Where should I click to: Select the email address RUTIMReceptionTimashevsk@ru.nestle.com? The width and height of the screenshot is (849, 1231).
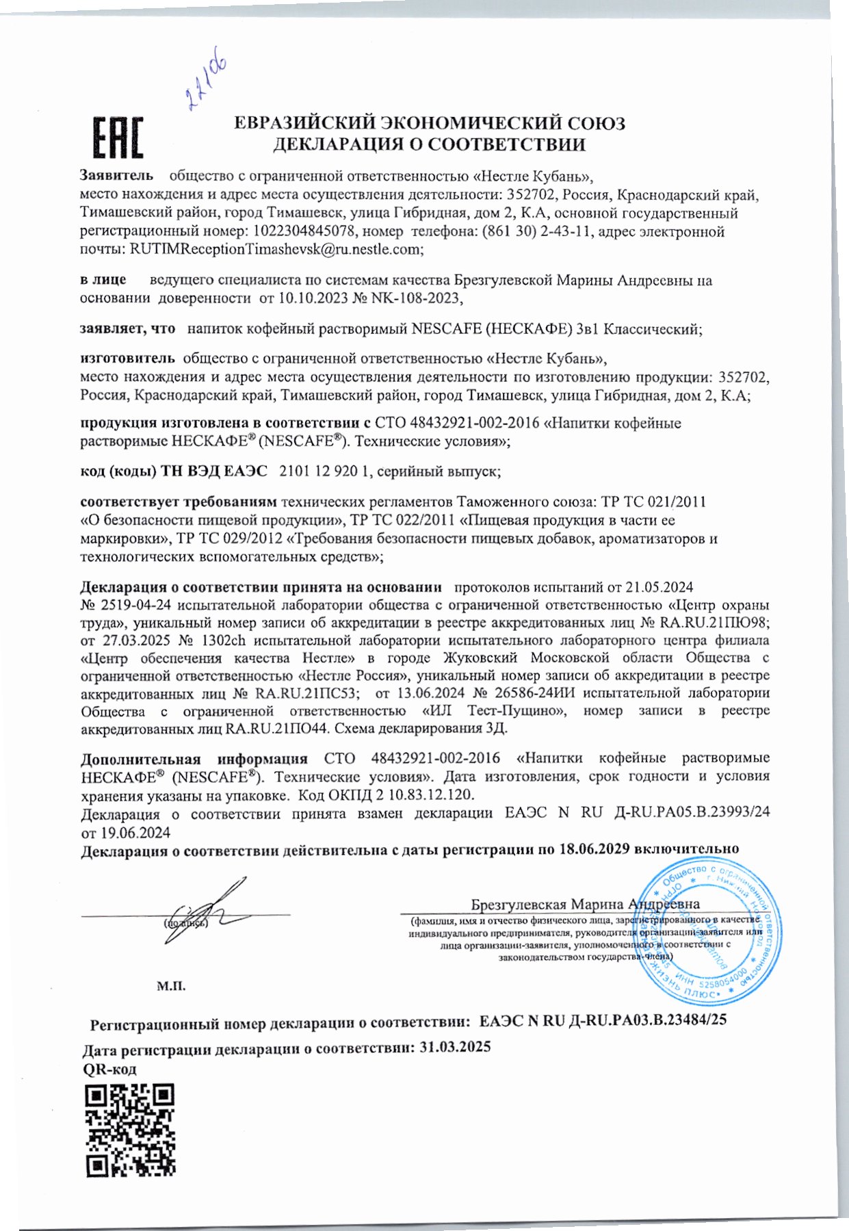tap(276, 250)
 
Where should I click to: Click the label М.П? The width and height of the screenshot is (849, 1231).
tap(171, 987)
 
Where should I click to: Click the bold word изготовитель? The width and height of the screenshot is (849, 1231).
tap(128, 357)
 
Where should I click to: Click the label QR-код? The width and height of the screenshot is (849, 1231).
tap(109, 1069)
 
